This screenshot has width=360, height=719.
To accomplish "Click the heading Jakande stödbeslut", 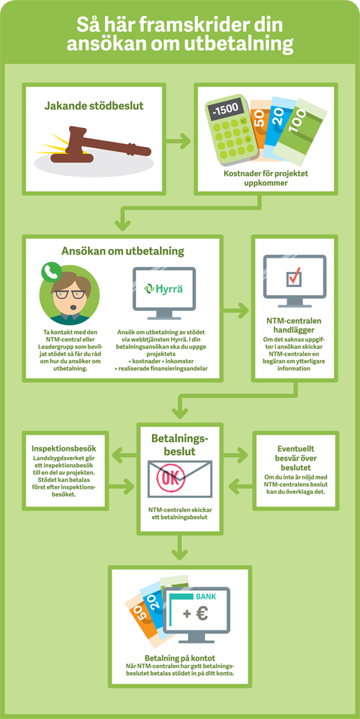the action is [94, 106].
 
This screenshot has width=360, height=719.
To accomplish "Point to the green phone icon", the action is [51, 271].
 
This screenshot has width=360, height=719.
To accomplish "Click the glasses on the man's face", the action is [70, 294].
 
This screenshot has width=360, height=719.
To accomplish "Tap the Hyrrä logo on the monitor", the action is [163, 289].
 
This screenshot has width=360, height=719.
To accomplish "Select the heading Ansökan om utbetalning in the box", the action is [123, 251].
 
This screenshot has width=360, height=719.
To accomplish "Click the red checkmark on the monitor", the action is [294, 277].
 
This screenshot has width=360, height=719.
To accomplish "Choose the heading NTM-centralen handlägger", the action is [294, 325].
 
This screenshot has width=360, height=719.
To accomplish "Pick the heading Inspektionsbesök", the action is [64, 448].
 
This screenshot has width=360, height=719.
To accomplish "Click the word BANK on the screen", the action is [205, 597].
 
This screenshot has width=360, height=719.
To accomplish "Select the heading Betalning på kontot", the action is [180, 658].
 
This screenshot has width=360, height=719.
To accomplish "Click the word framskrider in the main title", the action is [183, 24].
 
